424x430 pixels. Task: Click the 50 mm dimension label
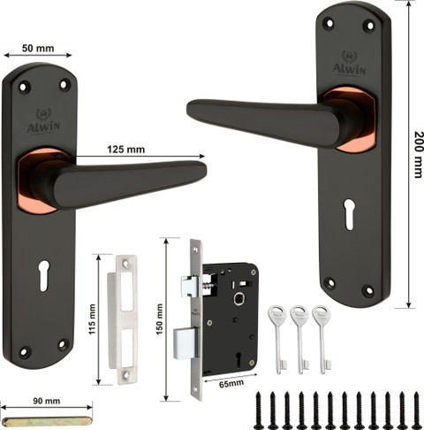point(38,48)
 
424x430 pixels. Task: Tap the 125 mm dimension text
point(125,150)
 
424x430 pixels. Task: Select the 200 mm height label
point(419,155)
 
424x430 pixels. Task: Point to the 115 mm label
point(93,319)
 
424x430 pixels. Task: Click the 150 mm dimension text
point(159,319)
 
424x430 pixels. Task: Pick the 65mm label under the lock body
point(231,384)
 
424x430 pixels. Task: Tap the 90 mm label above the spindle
point(47,401)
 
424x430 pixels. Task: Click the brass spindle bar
point(46,422)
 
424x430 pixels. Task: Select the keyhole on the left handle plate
point(43,276)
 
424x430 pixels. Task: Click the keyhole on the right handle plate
point(349,214)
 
